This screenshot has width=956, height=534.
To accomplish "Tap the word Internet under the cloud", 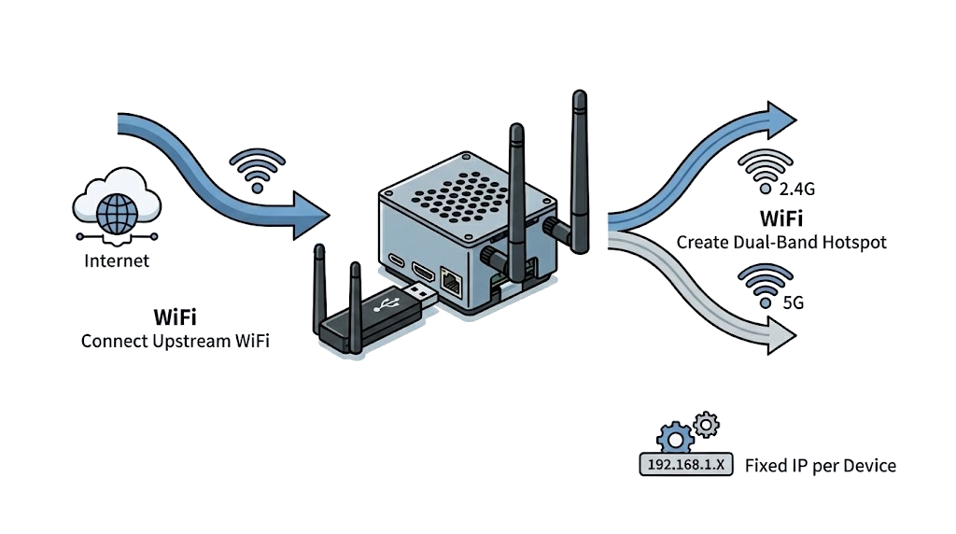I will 117,260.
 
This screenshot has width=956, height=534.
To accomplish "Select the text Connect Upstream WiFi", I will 176,341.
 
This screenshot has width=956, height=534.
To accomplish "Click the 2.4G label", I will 796,190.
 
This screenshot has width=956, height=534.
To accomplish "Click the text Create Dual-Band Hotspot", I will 781,242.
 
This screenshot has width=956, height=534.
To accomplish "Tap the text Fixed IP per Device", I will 820,465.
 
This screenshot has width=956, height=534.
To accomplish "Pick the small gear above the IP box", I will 707,426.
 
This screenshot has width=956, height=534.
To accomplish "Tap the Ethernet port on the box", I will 451,279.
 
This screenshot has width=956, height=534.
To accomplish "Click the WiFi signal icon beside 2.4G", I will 765,168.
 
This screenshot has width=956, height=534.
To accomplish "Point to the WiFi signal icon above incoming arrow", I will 258,167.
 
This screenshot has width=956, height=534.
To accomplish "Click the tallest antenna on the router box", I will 580,168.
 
